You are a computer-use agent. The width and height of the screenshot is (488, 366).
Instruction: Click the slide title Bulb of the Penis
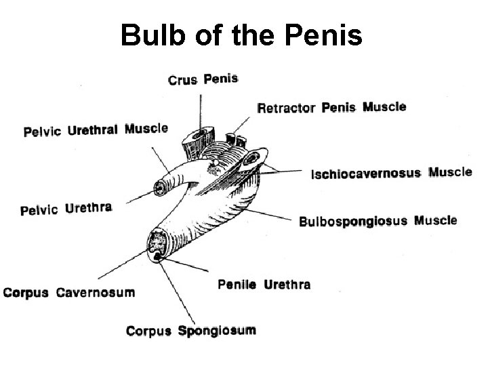(241, 35)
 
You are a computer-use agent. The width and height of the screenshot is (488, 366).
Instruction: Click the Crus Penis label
(203, 79)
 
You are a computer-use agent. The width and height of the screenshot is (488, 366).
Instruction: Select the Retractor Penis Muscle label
(331, 107)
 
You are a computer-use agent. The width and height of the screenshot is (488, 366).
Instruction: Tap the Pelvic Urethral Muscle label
(96, 129)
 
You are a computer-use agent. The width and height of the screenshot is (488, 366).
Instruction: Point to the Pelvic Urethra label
(66, 209)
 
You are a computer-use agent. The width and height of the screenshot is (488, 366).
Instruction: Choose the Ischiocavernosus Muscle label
(391, 173)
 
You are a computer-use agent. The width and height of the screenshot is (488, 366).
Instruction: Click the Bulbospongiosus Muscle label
(378, 221)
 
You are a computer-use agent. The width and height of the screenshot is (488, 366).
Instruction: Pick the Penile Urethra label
(264, 285)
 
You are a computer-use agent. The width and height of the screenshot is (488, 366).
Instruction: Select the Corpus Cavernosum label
(68, 293)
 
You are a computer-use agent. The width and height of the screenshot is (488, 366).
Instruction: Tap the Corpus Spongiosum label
(190, 331)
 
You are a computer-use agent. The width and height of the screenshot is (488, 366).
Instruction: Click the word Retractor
(286, 108)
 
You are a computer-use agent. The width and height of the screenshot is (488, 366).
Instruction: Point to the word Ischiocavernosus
(366, 174)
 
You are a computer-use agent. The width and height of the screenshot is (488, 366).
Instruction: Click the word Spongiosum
(216, 331)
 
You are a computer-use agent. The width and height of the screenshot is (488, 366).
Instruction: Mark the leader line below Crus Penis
(201, 108)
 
